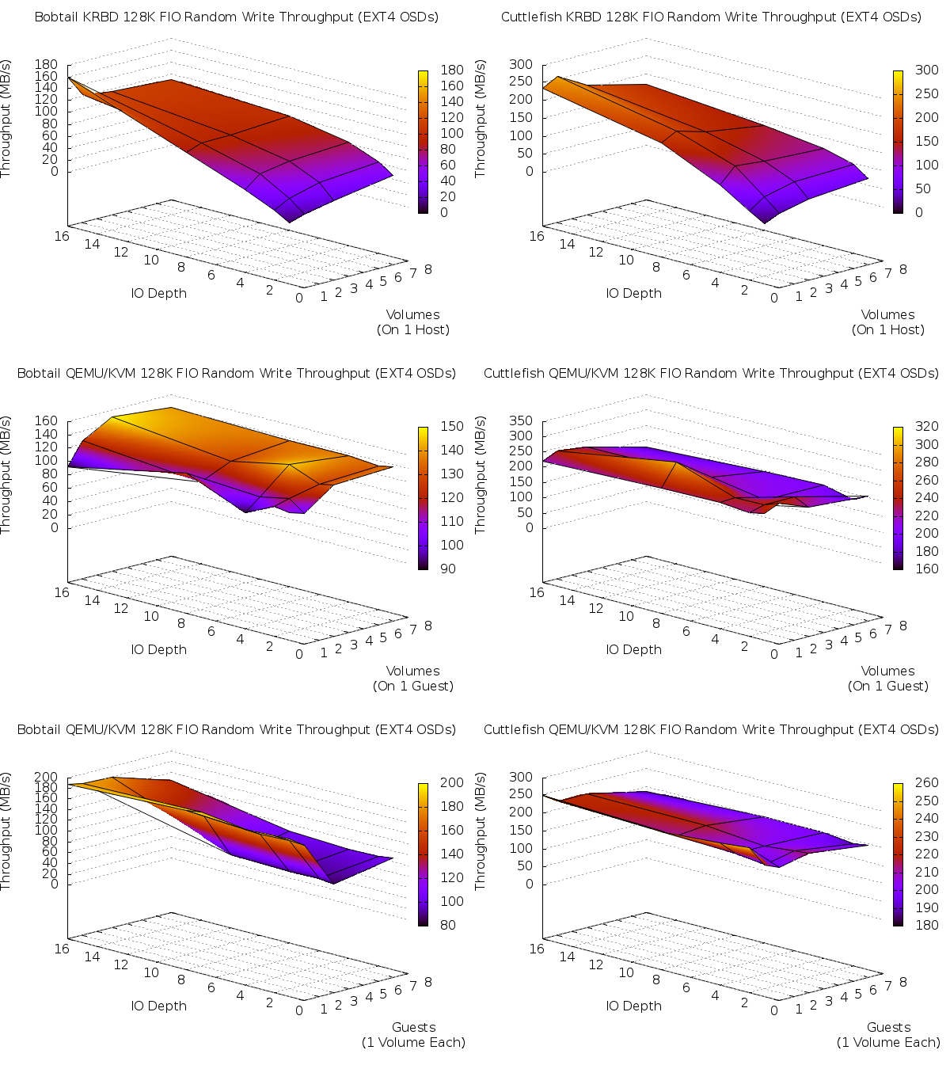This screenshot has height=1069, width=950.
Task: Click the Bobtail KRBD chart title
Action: click(236, 17)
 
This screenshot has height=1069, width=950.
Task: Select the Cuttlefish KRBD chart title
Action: click(711, 17)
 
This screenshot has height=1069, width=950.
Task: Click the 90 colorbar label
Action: click(447, 569)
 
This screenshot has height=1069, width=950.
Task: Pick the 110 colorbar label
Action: click(452, 521)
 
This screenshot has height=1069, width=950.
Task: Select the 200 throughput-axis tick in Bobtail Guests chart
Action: click(46, 777)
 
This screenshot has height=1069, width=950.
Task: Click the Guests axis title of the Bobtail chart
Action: click(413, 1034)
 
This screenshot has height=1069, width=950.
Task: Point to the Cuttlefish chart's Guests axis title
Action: click(888, 1034)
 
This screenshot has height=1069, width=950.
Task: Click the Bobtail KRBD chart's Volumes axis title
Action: click(413, 321)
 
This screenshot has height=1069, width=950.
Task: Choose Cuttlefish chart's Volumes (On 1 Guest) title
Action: click(888, 678)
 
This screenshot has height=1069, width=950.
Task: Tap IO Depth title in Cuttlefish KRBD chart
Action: click(633, 293)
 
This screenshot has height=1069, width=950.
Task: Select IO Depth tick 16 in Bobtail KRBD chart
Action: click(62, 236)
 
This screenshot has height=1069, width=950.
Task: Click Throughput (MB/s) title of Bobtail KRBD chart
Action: click(6, 119)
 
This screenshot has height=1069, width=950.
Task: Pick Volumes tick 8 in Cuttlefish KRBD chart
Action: click(902, 269)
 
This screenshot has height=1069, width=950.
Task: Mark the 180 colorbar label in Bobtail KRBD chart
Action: click(452, 70)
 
